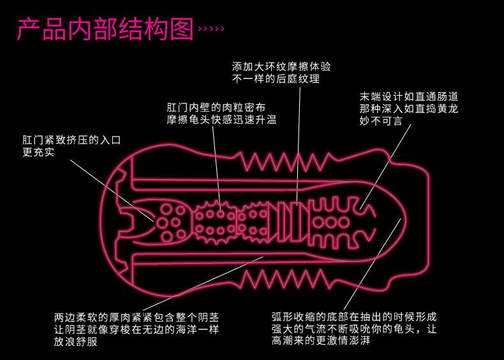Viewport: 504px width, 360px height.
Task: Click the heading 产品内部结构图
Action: point(105,29)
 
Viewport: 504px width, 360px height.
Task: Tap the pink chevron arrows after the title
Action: point(212,29)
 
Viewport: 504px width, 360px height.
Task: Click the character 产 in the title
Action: point(29,29)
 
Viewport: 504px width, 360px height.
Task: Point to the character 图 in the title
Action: point(182,29)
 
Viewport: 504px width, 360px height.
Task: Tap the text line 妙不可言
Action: point(382,121)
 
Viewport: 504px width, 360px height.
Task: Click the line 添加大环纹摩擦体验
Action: point(281,67)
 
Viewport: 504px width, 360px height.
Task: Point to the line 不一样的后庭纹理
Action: point(276,79)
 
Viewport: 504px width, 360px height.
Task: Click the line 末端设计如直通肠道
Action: point(409,97)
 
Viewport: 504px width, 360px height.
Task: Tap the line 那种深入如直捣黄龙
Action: point(409,109)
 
